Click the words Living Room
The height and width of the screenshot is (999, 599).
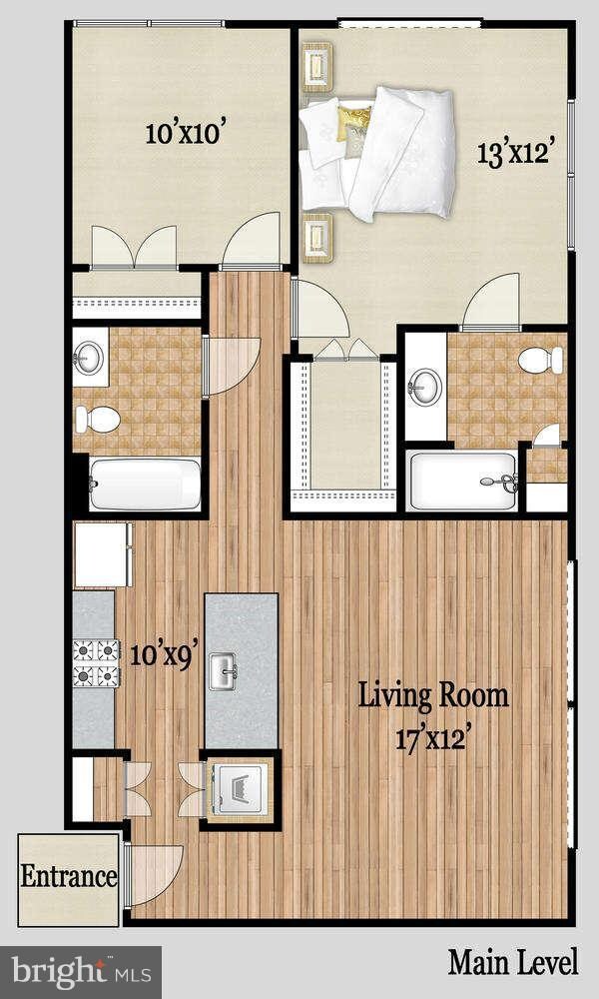point(433,695)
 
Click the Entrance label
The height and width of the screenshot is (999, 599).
point(69,878)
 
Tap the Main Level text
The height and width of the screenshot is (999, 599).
point(512,963)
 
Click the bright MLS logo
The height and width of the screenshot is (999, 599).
point(82,970)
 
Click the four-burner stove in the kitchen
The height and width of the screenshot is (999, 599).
point(94,663)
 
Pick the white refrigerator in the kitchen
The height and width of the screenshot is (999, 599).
point(103,553)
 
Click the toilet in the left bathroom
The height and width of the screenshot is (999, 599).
point(97,419)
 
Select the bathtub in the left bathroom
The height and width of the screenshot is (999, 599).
point(145,485)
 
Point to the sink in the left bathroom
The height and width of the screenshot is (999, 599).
point(90,357)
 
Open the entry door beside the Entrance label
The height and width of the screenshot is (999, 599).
point(155,875)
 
